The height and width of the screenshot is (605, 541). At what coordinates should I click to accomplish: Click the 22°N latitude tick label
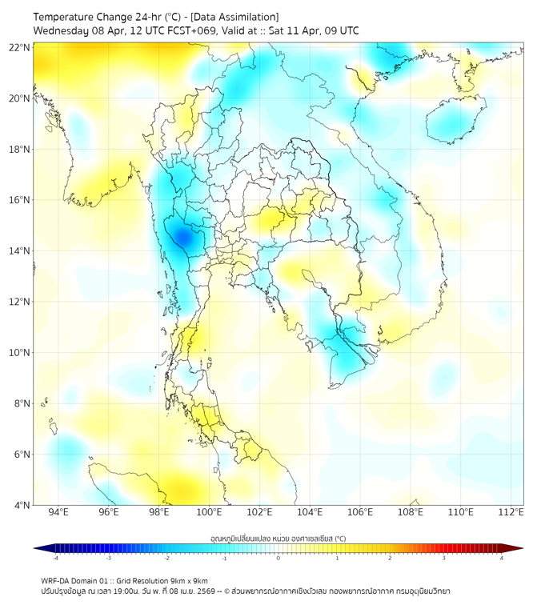(x=19, y=47)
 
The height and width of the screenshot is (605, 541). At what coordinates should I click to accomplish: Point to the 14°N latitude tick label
(x=19, y=250)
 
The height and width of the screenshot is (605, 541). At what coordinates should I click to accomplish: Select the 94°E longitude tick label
(x=58, y=512)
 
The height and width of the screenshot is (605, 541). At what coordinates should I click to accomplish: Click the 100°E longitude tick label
(x=209, y=512)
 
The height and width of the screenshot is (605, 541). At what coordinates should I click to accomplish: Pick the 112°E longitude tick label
(x=511, y=512)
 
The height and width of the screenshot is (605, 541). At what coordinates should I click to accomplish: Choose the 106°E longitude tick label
(x=360, y=512)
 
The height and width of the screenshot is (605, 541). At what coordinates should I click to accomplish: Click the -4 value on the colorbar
(x=55, y=558)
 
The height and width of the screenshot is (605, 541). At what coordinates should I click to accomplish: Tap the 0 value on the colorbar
(x=279, y=558)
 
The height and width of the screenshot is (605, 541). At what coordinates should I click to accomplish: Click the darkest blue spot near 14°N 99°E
(x=182, y=237)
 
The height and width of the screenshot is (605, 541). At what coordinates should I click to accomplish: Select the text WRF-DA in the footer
(x=57, y=580)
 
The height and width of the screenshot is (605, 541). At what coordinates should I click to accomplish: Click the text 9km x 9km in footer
(x=186, y=580)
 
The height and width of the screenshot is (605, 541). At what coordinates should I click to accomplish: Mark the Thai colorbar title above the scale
(x=278, y=539)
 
